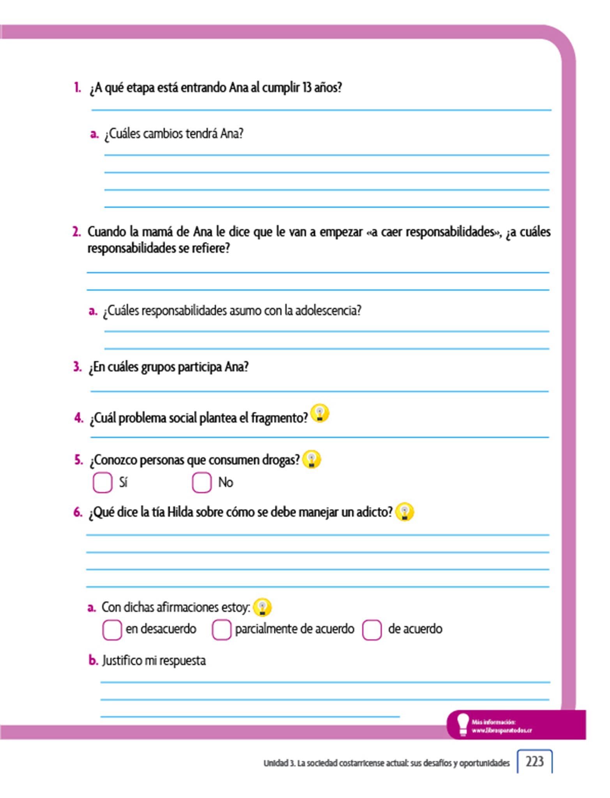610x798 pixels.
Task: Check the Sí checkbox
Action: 103,482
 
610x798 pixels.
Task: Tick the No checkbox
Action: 202,482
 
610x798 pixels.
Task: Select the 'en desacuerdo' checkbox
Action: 112,630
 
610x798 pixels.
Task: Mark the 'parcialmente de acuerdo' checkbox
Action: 221,630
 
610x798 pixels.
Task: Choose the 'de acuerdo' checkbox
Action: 371,630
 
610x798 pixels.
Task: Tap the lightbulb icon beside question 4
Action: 320,413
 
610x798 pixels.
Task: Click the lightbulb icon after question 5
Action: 311,459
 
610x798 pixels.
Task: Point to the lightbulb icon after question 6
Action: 405,511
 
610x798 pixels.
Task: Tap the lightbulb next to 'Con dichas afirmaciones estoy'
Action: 262,607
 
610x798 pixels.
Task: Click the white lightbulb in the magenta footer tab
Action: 463,724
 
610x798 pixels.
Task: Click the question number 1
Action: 77,88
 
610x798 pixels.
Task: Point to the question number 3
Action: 77,367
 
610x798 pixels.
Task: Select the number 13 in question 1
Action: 307,88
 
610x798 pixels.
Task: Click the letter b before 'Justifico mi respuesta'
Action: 93,660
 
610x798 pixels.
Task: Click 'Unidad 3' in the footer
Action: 278,763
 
